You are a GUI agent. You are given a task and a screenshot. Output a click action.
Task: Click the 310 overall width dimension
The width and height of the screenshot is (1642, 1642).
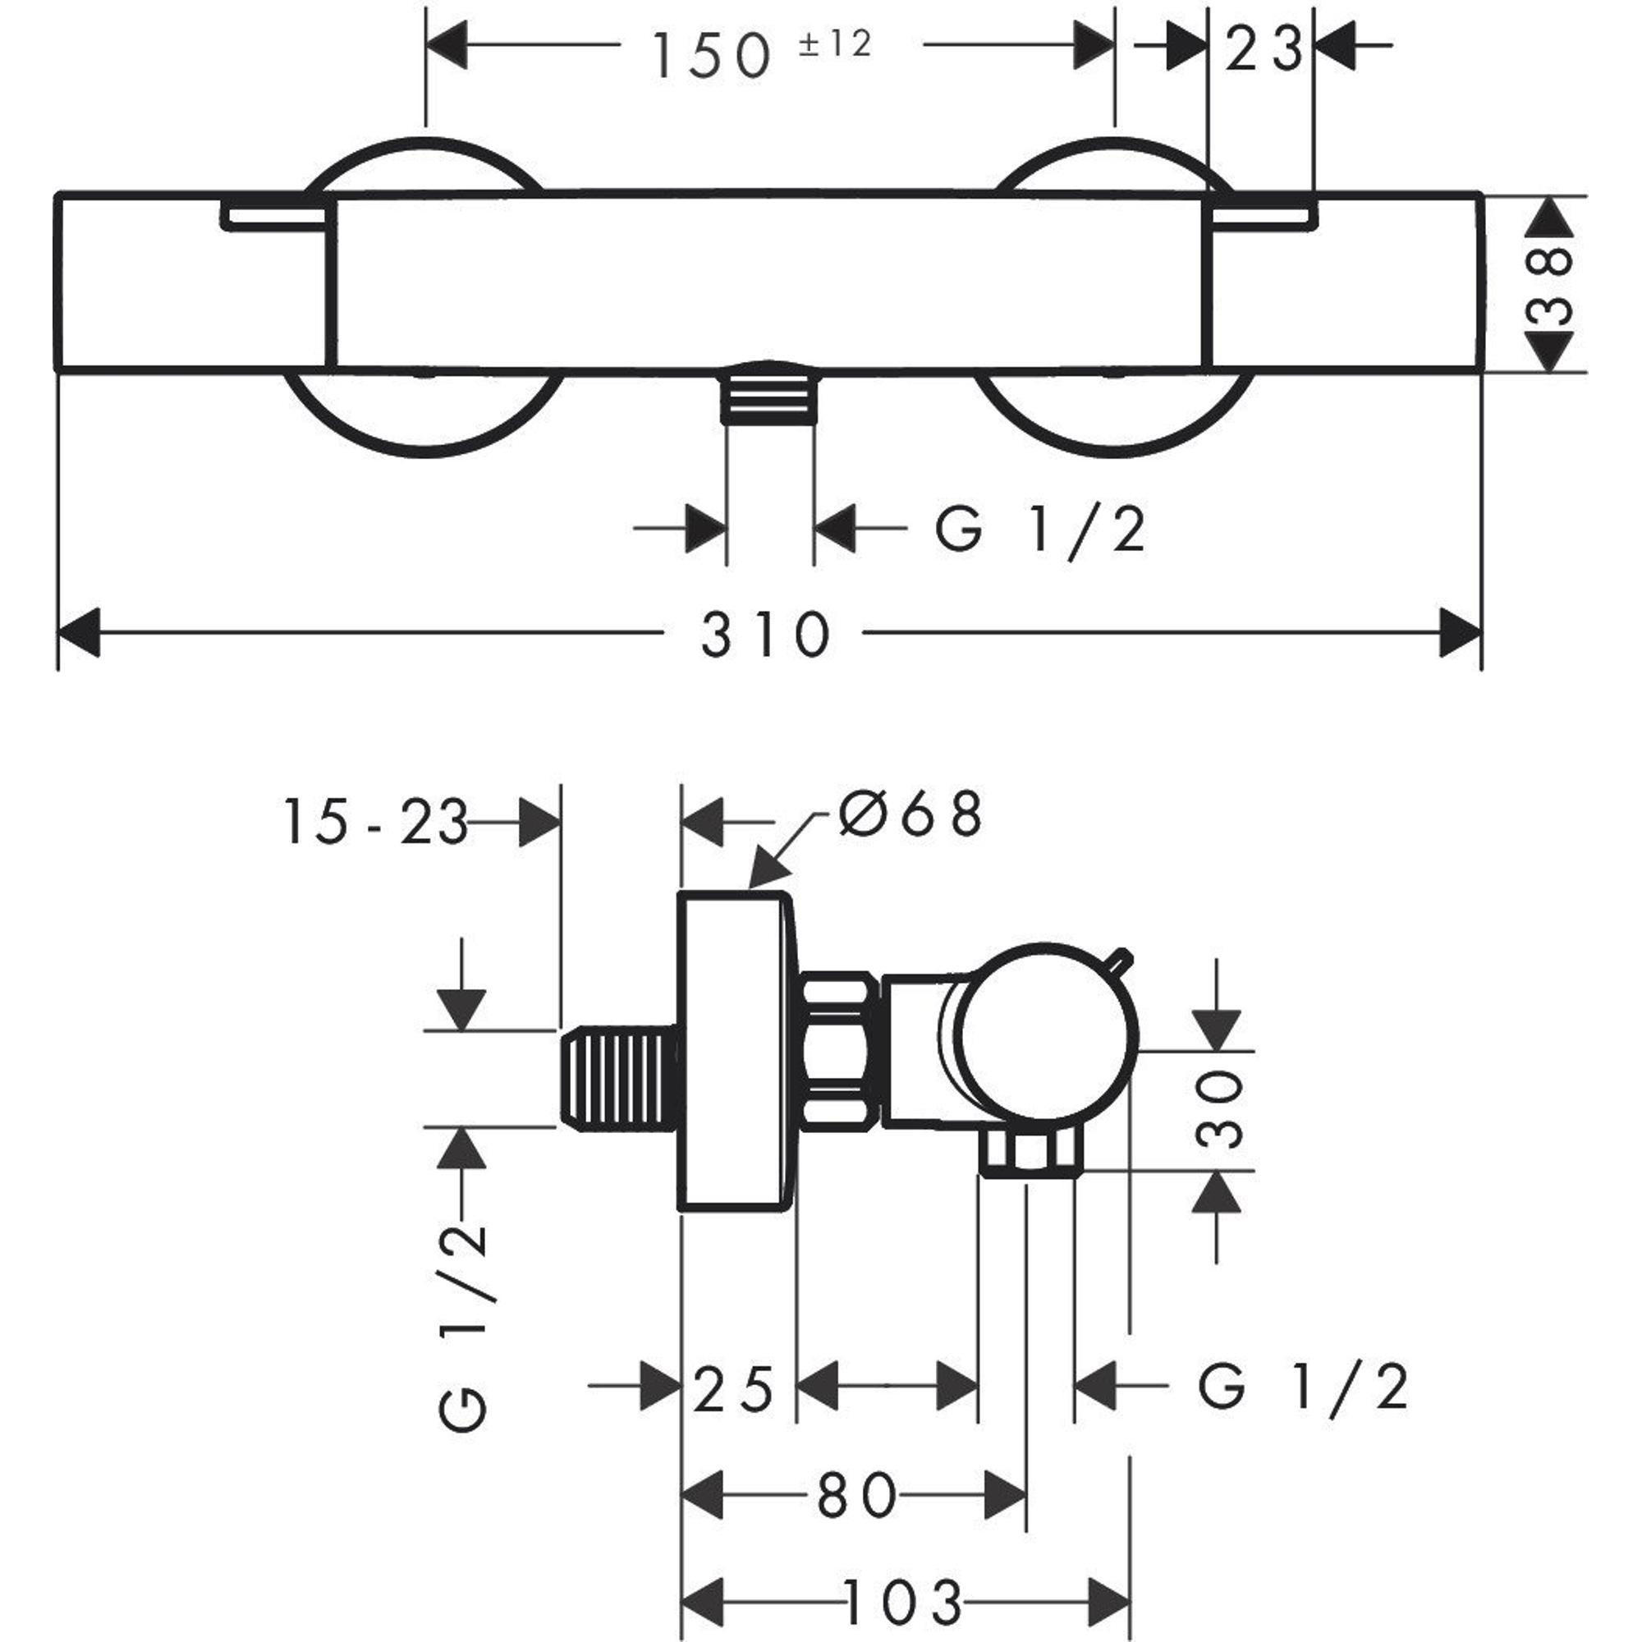pos(764,635)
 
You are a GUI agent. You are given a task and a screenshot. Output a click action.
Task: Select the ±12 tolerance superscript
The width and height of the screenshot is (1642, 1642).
pos(835,44)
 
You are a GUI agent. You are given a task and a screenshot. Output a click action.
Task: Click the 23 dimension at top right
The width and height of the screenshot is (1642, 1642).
pos(1263,48)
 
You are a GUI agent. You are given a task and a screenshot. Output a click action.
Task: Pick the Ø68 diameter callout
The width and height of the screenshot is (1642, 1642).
pos(910,814)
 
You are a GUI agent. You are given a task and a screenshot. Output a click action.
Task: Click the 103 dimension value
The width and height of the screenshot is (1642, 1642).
pos(902,1603)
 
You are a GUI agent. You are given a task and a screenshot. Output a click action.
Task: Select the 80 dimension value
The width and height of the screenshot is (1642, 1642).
pos(855,1498)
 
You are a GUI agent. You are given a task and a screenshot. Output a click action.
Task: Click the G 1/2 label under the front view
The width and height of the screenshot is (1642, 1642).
pos(1040,530)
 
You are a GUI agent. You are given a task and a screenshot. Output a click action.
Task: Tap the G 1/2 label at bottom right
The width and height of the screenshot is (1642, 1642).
pos(1303,1389)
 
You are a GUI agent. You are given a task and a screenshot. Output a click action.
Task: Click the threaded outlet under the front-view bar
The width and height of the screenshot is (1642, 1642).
pos(768,393)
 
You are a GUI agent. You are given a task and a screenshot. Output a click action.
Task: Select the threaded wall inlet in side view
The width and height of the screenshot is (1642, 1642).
pos(618,1080)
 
